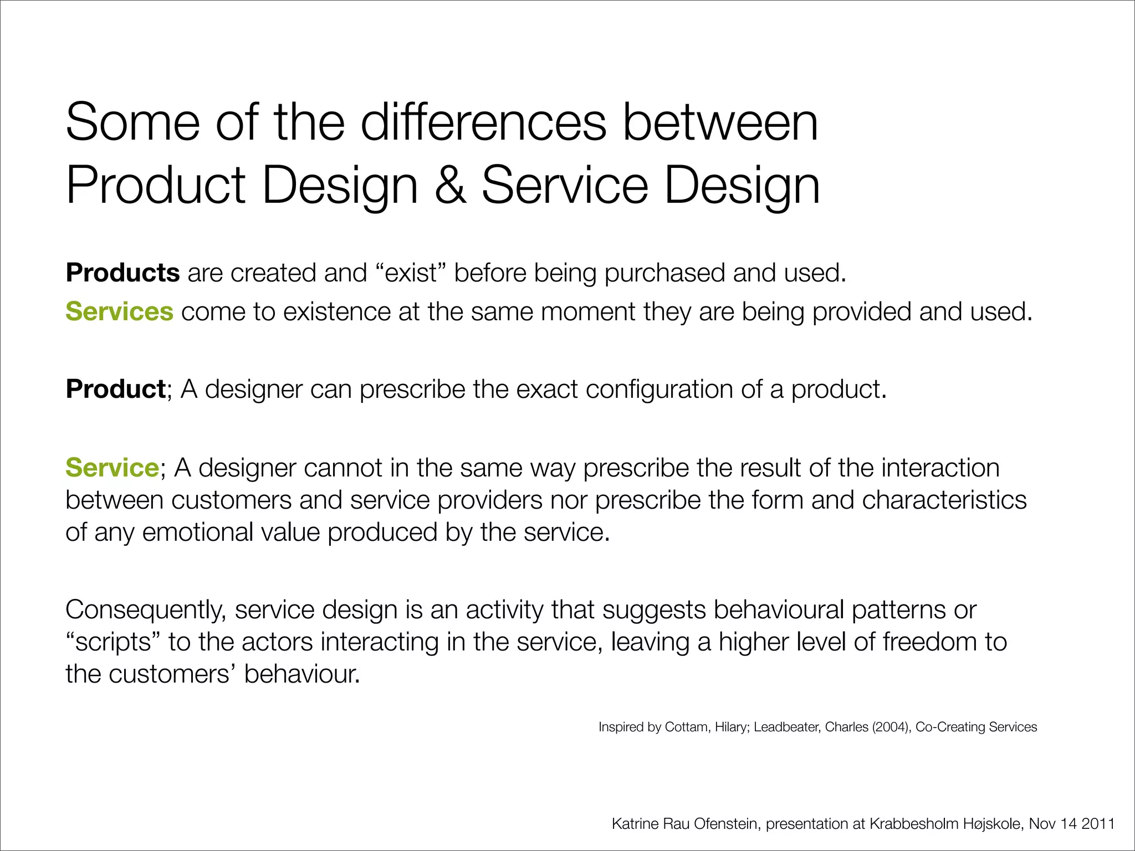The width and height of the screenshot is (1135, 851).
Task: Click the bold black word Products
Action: click(x=122, y=273)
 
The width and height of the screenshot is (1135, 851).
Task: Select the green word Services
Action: click(x=119, y=311)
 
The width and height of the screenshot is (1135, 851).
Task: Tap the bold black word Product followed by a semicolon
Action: click(x=115, y=389)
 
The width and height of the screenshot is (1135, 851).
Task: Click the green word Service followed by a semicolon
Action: click(x=113, y=468)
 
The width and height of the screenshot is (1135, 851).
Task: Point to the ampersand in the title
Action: click(x=449, y=185)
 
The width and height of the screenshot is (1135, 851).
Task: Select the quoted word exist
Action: click(x=411, y=273)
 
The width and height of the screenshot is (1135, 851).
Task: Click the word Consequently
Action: click(x=145, y=610)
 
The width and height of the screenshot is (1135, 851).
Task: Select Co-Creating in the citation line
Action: click(x=950, y=727)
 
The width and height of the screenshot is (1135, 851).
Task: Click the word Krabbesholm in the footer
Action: click(x=914, y=824)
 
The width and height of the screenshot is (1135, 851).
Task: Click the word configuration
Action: click(x=659, y=389)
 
